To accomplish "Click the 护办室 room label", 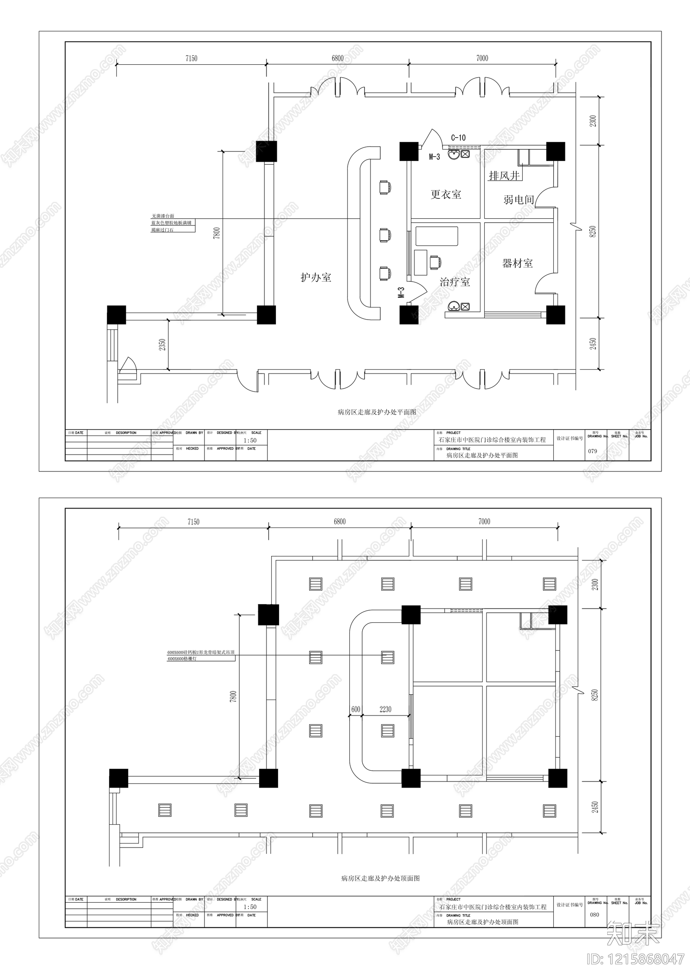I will (316, 277).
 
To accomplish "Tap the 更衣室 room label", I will (446, 195).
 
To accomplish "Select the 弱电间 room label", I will (519, 200).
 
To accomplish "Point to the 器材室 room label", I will (517, 263).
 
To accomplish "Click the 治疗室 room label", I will (455, 282).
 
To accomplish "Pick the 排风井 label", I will (504, 176).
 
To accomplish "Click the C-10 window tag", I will (458, 138).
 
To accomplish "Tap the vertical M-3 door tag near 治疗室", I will (401, 293).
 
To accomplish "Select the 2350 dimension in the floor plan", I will (162, 345).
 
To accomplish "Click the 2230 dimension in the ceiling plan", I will (385, 709).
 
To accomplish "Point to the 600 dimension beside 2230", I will (355, 709).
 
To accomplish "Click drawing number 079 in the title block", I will (593, 451).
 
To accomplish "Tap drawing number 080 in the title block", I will (594, 915).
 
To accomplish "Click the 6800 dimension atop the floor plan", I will (338, 58).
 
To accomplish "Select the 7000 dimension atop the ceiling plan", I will (484, 522).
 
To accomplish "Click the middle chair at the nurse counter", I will (385, 235).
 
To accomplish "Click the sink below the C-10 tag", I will (453, 154).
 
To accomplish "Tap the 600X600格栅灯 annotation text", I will (182, 659).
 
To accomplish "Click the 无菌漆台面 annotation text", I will (163, 216).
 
